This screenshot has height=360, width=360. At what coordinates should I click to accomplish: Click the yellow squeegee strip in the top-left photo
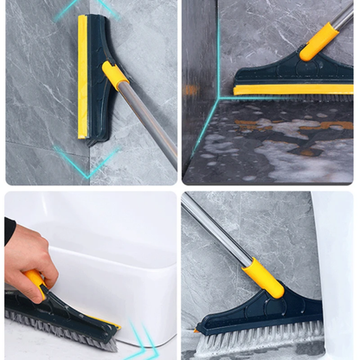(x=82, y=78)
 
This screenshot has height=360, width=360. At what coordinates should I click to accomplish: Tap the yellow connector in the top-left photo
(x=114, y=75)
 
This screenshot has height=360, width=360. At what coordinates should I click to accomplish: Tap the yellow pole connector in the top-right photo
(x=318, y=41)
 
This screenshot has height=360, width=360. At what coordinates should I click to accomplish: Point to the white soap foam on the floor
(x=286, y=156)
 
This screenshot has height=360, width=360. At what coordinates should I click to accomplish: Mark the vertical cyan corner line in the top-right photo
(x=217, y=52)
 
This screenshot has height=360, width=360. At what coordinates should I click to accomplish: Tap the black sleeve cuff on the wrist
(x=9, y=230)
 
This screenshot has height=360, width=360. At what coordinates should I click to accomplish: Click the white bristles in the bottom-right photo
(x=260, y=338)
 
